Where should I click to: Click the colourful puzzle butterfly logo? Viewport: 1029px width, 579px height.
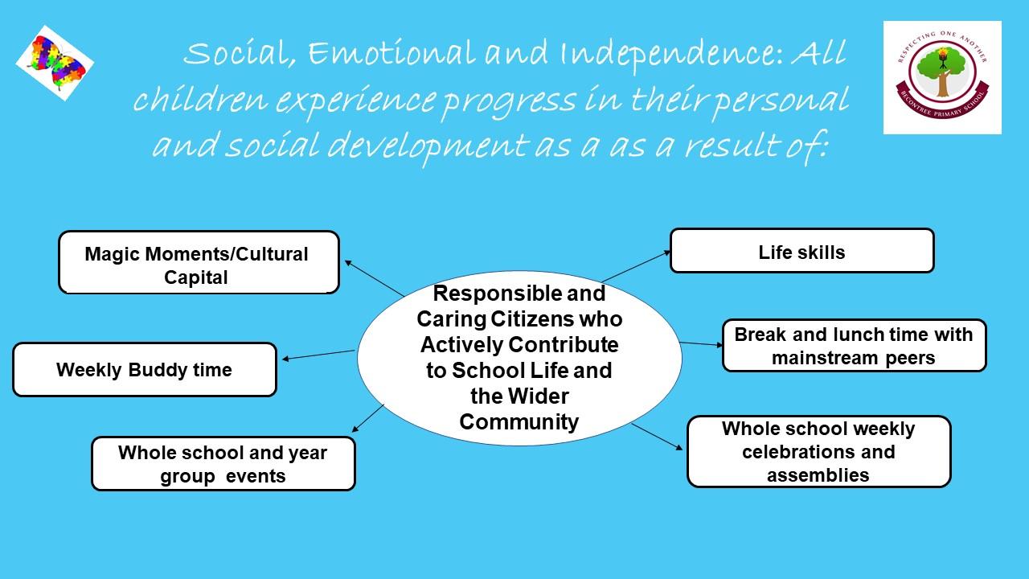(55, 64)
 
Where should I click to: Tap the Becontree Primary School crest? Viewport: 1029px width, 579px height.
(942, 78)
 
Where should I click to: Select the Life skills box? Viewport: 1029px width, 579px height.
(802, 251)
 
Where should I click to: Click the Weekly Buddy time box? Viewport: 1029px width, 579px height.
(145, 369)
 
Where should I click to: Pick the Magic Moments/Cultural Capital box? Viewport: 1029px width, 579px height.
(199, 262)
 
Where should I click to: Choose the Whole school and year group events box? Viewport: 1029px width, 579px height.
(223, 464)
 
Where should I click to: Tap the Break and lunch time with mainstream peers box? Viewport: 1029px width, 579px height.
(854, 346)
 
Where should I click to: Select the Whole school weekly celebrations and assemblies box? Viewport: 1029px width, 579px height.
(818, 452)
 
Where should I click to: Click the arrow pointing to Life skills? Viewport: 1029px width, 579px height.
(636, 266)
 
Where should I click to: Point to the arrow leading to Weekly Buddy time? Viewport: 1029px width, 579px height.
(318, 355)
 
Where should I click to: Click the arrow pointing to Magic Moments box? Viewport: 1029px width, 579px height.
(374, 278)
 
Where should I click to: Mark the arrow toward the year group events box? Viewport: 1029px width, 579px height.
(367, 418)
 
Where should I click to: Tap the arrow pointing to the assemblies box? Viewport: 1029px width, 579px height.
(657, 437)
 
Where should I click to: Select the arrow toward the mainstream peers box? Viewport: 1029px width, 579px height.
(702, 344)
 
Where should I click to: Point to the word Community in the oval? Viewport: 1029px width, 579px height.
(519, 422)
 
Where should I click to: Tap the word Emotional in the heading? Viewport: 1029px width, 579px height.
(391, 52)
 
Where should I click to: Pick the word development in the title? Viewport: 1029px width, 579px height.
(427, 146)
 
